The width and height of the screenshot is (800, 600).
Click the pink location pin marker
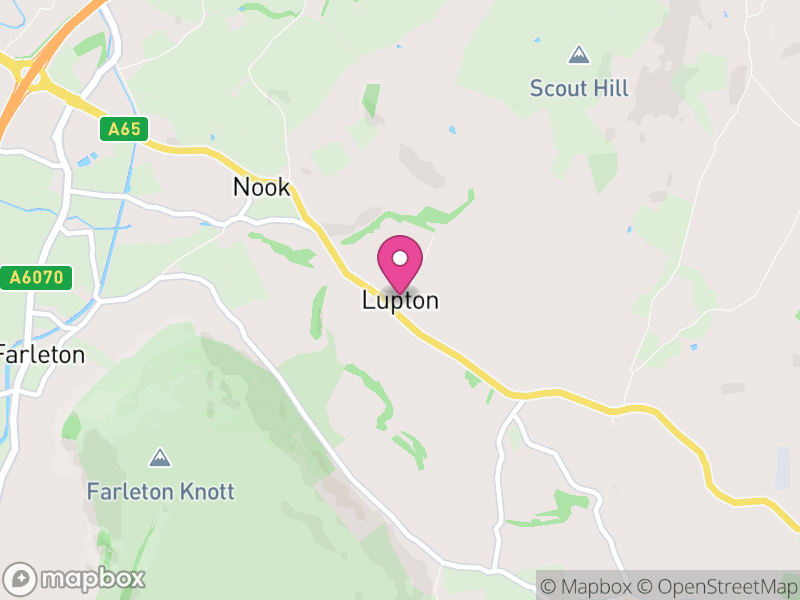click(400, 265)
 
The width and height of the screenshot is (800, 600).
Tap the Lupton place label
click(400, 301)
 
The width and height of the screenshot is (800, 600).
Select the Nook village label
click(261, 187)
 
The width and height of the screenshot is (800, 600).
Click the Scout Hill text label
click(579, 89)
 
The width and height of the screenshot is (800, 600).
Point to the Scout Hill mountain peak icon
click(578, 54)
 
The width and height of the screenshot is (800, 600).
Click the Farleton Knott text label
click(160, 492)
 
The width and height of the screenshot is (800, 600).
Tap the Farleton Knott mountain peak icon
click(158, 458)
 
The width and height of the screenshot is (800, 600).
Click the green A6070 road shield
click(36, 278)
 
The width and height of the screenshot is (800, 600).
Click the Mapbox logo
click(76, 578)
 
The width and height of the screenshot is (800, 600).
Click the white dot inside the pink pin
click(400, 258)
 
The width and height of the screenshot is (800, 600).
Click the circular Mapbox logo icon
click(21, 578)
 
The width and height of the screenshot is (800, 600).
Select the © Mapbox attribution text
click(589, 585)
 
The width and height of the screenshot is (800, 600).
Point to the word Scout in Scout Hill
click(557, 89)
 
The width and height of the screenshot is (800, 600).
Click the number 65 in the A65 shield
click(131, 129)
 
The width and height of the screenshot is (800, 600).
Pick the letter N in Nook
click(241, 187)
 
